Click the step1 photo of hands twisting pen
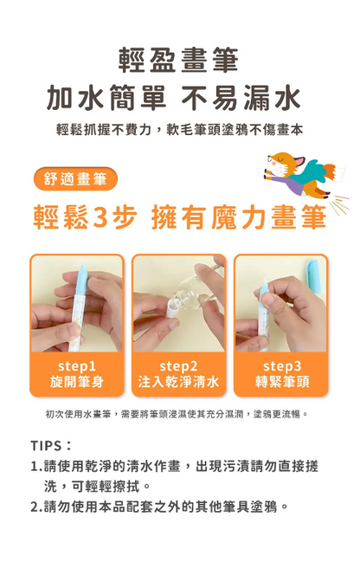tap(77, 303)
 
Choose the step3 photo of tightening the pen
tap(281, 303)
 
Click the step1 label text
tap(77, 366)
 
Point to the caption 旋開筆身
tap(77, 382)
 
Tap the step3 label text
tap(281, 366)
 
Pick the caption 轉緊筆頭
tap(281, 382)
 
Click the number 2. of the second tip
tap(37, 507)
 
